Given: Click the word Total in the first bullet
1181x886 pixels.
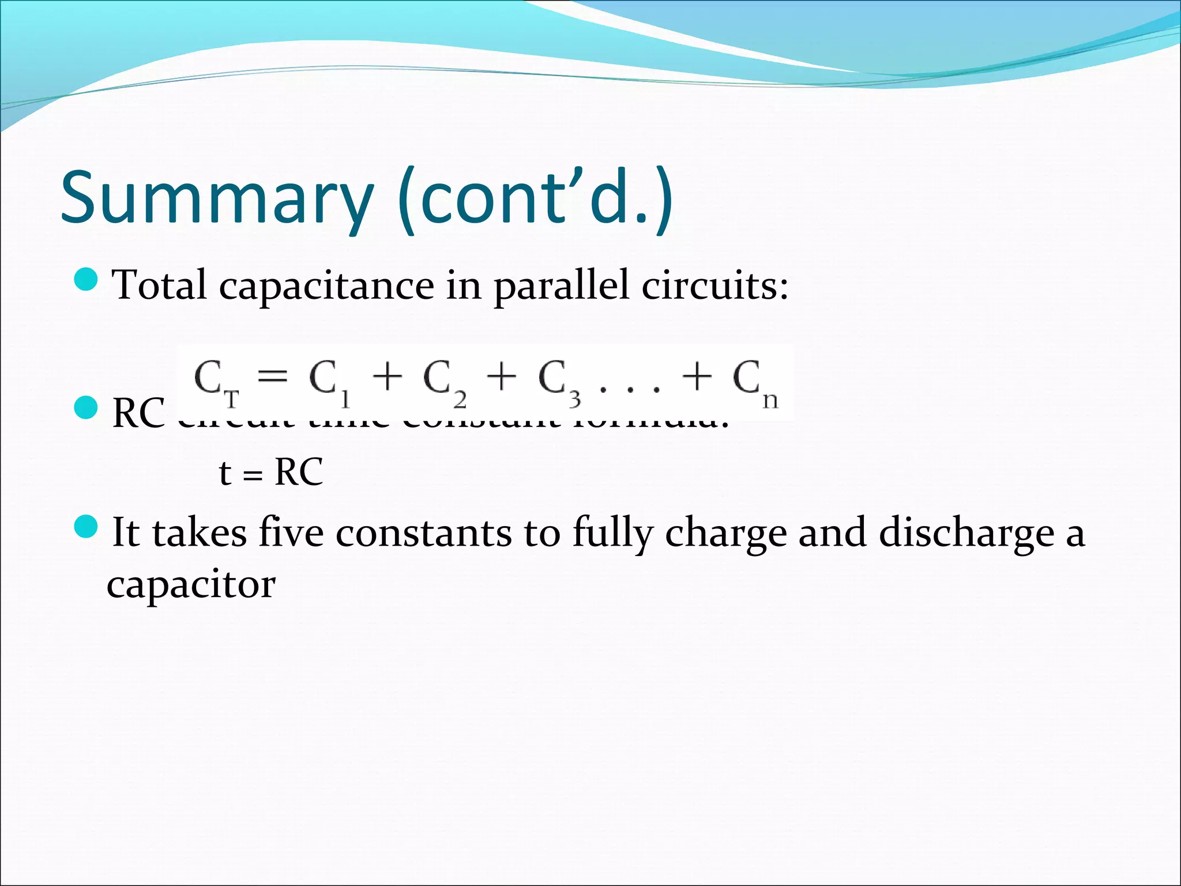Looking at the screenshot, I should [x=159, y=285].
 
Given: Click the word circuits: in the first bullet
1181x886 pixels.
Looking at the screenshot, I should [x=715, y=285].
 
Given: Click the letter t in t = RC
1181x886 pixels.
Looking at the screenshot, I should [x=225, y=473].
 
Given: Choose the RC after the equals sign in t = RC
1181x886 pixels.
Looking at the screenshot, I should [x=298, y=472].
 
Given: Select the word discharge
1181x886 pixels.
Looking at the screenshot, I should [x=966, y=534].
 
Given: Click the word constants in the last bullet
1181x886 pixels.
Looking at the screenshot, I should [x=424, y=533].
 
